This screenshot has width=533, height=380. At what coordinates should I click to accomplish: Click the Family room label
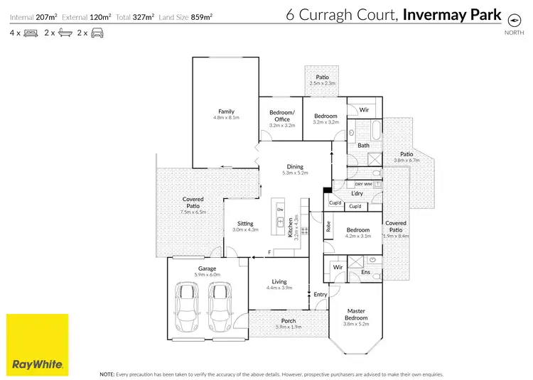[x=226, y=112]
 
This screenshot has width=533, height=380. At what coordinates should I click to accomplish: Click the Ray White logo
[x=38, y=344]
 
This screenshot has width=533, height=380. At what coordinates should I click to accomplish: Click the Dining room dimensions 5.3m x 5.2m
[x=295, y=173]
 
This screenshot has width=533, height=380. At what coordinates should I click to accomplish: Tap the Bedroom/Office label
[x=280, y=116]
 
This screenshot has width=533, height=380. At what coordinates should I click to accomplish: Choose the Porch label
[x=289, y=320]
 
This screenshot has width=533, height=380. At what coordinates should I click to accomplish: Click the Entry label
[x=321, y=294]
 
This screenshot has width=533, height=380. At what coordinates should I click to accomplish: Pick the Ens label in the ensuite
[x=365, y=271]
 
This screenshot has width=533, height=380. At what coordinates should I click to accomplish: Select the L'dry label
[x=357, y=194]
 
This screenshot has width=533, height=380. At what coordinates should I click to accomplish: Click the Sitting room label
[x=244, y=224]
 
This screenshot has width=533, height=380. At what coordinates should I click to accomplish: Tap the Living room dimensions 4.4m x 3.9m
[x=279, y=288]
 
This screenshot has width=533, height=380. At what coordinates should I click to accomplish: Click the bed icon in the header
[x=31, y=33]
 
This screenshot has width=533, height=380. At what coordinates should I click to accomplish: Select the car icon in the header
[x=97, y=33]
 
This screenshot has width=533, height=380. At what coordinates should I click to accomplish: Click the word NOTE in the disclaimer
[x=107, y=373]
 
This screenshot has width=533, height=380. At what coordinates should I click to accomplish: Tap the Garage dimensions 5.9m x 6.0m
[x=207, y=274]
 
